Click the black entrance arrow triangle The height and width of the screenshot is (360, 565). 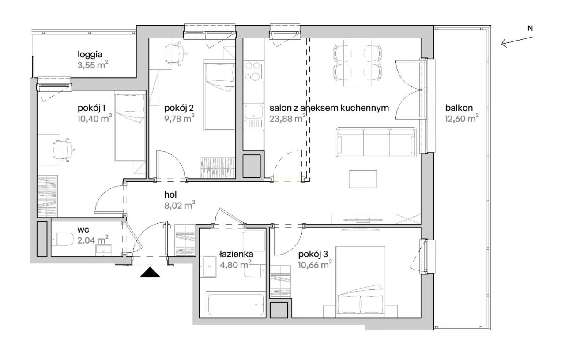[x=150, y=272]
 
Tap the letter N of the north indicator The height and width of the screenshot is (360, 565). [x=530, y=29]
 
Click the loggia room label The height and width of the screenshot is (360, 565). [x=90, y=54]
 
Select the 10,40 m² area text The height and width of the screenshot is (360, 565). [x=94, y=119]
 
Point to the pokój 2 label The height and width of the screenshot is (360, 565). [x=179, y=108]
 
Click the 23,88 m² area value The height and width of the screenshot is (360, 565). [x=287, y=119]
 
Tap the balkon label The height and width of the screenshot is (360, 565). [x=459, y=108]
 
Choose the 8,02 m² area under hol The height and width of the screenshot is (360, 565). [x=180, y=206]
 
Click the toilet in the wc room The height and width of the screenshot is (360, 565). [x=63, y=239]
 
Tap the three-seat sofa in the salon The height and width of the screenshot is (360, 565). [x=376, y=142]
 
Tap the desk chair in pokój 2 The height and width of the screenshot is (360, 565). [x=175, y=53]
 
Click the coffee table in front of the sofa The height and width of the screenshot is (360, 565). [x=363, y=179]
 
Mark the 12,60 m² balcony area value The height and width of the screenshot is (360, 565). [x=462, y=119]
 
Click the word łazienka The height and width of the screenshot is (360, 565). [x=236, y=255]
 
